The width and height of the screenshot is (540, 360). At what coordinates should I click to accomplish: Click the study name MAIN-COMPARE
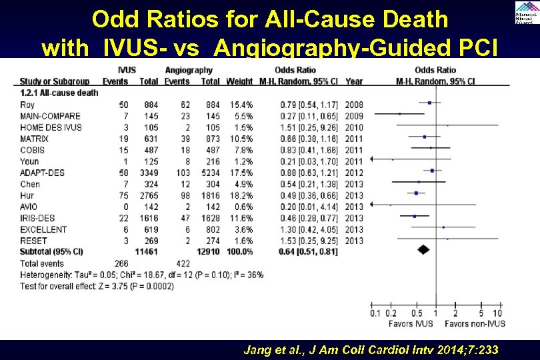tap(50, 115)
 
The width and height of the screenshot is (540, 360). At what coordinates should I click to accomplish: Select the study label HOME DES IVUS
tap(51, 127)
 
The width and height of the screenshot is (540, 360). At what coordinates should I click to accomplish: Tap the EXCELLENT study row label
tap(43, 229)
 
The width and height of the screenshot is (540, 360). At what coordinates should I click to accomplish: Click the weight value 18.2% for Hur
tap(241, 195)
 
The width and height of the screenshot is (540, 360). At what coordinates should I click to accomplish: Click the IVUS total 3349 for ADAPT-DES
tap(148, 172)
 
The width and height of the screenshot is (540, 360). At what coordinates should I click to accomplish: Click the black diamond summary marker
tap(423, 250)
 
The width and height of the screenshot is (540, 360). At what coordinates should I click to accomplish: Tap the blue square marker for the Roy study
tap(430, 103)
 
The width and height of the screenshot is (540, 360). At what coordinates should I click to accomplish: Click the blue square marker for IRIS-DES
tap(415, 216)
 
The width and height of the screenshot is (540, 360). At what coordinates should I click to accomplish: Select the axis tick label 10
tap(497, 313)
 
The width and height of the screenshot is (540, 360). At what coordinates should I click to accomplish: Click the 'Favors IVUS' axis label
tap(411, 323)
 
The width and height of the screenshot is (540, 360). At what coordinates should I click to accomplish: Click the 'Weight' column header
tap(239, 81)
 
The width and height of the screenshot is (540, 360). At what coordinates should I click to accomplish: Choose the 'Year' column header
tap(355, 81)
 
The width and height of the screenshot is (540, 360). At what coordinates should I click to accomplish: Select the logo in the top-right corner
tap(523, 12)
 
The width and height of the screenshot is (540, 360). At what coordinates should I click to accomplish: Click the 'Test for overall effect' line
tap(97, 286)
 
